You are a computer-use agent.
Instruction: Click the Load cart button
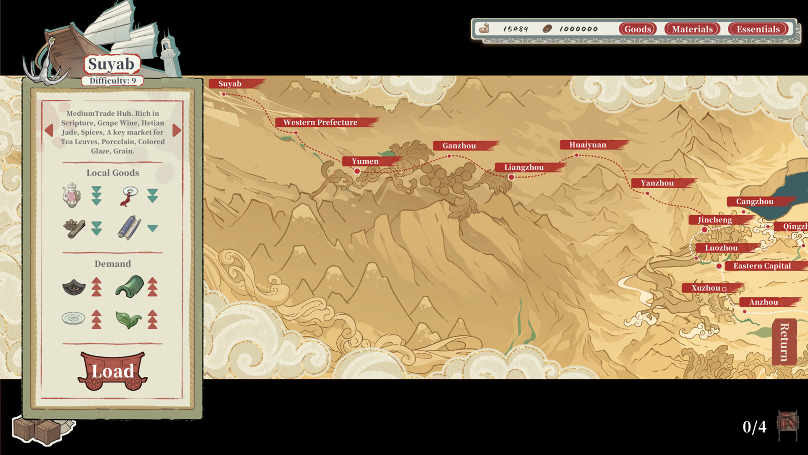[112, 371]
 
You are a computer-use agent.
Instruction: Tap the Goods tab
[638, 29]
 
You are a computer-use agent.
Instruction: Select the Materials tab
[692, 29]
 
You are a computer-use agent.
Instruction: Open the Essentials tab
[758, 29]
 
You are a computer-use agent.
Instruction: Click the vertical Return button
[784, 342]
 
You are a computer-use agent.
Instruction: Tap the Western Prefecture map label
[320, 122]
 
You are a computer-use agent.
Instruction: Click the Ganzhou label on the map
[459, 146]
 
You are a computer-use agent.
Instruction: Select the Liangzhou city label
[524, 167]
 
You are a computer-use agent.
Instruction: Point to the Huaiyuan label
[587, 145]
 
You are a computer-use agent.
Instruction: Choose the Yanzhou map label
[657, 183]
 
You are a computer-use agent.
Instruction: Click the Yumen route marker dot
[357, 171]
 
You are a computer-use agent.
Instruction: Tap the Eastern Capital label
[762, 266]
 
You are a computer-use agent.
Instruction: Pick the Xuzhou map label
[706, 288]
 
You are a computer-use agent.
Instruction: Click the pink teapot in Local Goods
[72, 195]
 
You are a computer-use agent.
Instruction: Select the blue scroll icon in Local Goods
[128, 228]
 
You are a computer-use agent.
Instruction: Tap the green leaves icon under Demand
[128, 319]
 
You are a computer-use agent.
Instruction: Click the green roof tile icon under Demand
[129, 286]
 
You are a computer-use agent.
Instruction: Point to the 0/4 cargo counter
[754, 427]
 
